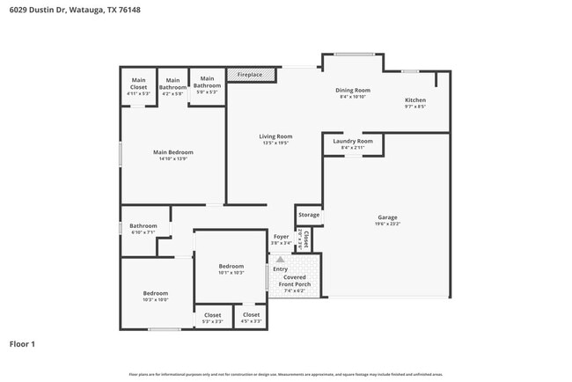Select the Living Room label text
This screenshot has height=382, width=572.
click(275, 136)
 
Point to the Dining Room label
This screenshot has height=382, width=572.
click(352, 90)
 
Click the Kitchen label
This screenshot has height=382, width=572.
click(415, 100)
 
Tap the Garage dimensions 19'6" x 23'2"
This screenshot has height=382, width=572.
click(387, 224)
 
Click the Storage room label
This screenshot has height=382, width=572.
click(309, 215)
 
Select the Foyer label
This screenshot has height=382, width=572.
click(281, 237)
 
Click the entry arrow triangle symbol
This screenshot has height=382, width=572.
click(281, 259)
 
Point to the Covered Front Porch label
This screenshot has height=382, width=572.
click(295, 281)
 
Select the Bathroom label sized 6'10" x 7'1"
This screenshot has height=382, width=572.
click(143, 226)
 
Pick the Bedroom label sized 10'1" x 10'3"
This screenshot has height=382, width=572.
click(231, 266)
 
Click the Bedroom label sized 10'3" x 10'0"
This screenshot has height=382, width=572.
click(156, 293)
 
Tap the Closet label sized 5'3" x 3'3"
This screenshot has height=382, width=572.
click(213, 315)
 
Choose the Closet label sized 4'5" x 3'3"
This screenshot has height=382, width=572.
click(251, 315)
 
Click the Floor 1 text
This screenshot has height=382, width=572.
click(22, 344)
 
